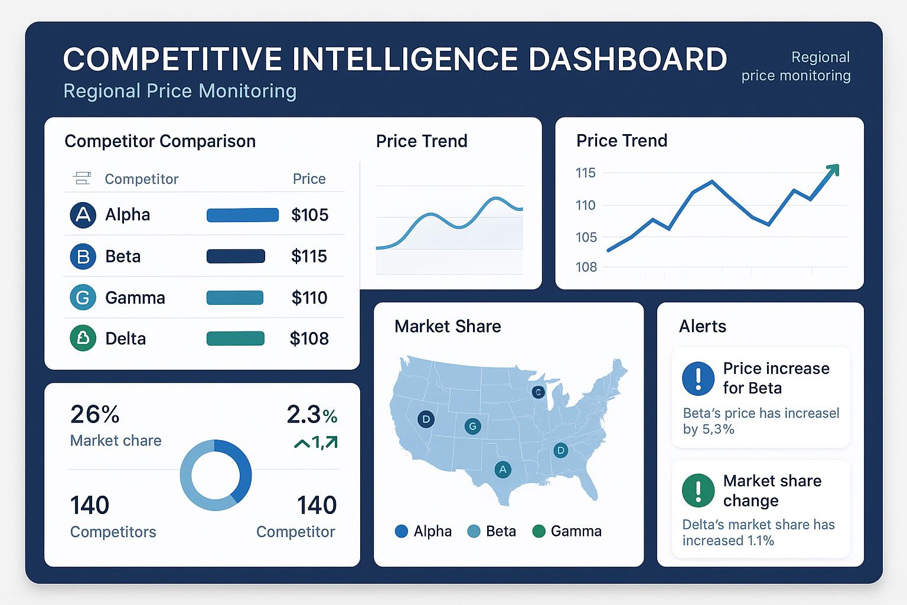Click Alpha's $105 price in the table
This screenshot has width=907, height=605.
click(x=309, y=215)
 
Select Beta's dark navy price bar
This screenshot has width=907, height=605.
click(x=236, y=256)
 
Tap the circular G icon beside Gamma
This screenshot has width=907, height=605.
click(x=83, y=298)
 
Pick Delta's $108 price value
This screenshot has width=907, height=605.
click(x=309, y=339)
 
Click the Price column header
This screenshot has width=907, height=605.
click(x=309, y=179)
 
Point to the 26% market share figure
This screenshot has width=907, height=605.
click(x=94, y=415)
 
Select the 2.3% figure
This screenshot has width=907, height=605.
click(x=311, y=415)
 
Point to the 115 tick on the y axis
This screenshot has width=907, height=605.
click(x=585, y=173)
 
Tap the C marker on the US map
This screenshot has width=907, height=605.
click(x=537, y=392)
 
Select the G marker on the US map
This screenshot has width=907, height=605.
click(x=472, y=426)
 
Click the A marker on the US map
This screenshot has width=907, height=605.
click(x=503, y=470)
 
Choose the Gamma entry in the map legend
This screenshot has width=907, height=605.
click(x=567, y=531)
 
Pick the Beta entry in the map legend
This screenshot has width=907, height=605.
click(x=492, y=531)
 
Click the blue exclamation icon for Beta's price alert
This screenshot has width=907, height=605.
click(x=698, y=378)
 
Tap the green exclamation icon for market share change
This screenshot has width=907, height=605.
click(x=698, y=490)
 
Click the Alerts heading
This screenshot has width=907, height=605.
click(x=702, y=327)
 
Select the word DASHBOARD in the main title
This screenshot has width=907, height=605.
click(x=627, y=60)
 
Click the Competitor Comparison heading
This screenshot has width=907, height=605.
click(x=160, y=141)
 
